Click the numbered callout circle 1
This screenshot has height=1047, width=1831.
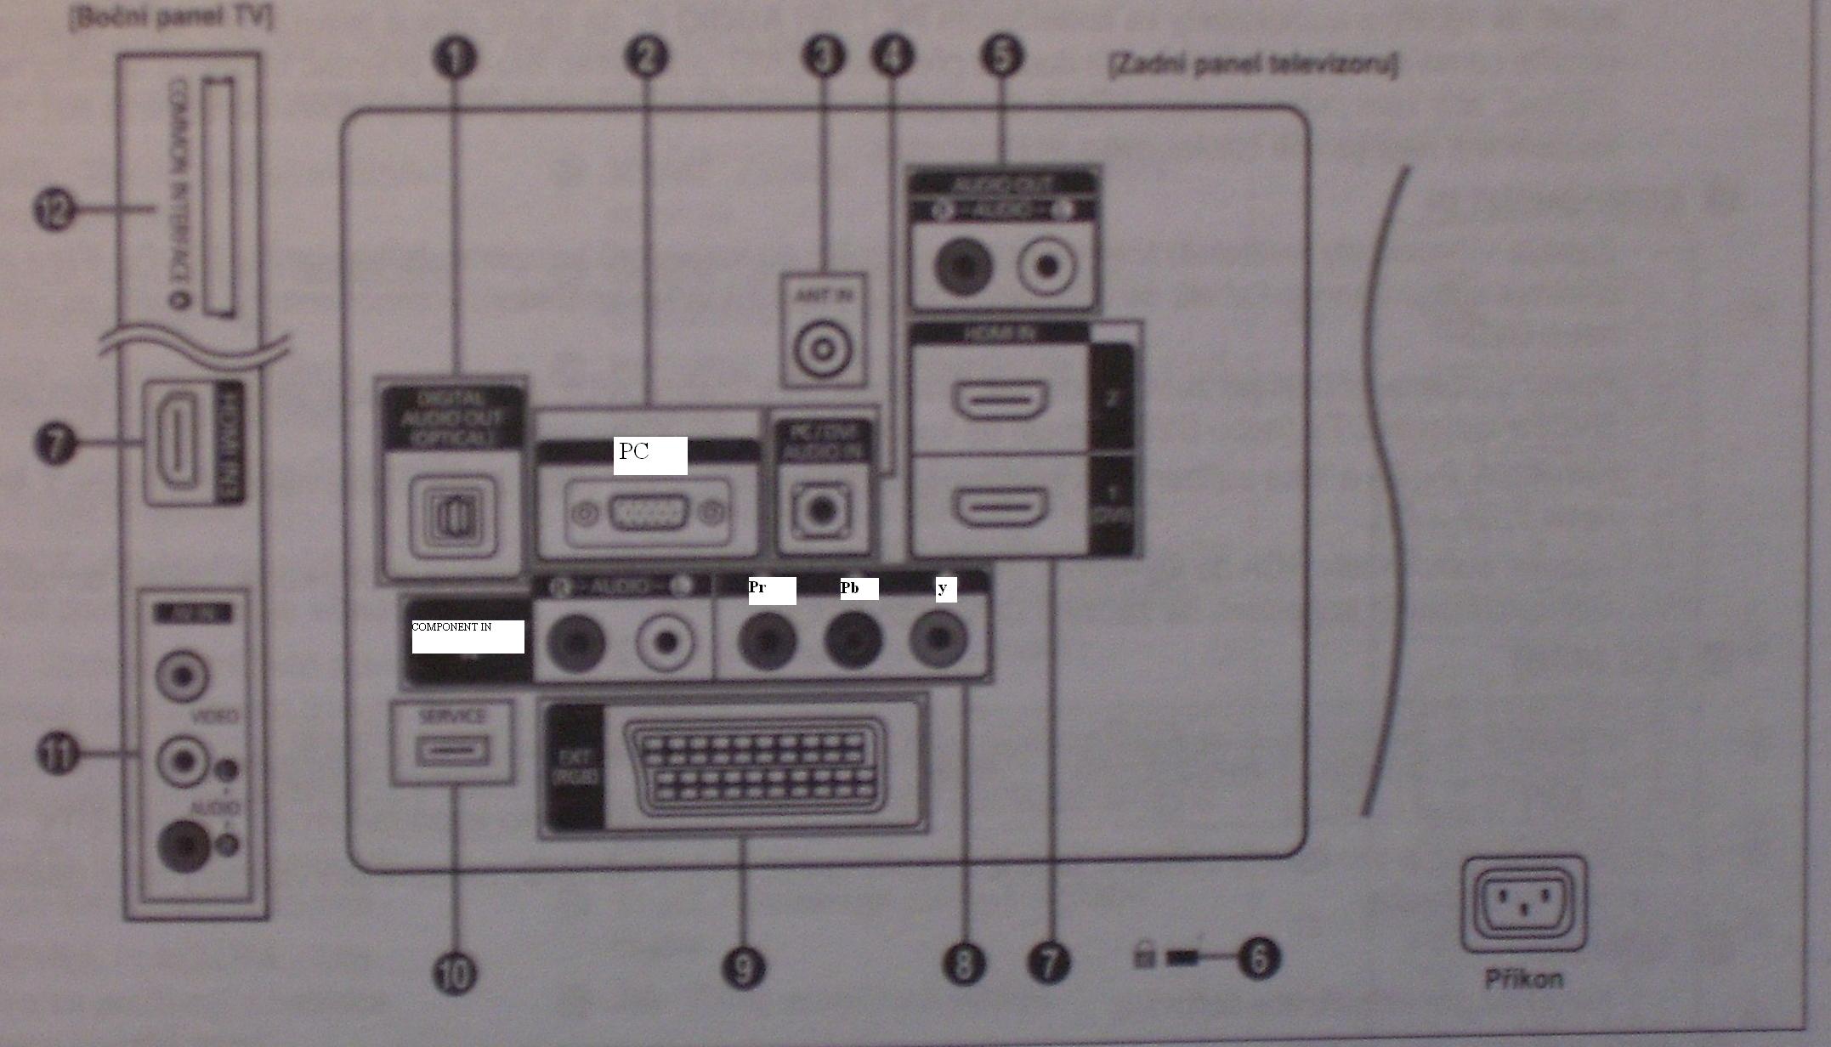point(456,58)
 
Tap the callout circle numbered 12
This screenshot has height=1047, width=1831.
point(55,209)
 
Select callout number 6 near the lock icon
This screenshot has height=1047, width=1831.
point(1258,957)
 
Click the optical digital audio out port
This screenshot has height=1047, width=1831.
point(453,518)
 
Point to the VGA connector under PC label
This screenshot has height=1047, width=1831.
point(648,513)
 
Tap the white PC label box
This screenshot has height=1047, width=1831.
point(649,455)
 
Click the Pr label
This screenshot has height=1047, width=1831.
point(771,590)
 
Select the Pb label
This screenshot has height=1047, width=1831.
point(859,589)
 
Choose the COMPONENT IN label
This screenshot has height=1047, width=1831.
point(467,636)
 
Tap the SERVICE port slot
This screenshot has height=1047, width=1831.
point(452,750)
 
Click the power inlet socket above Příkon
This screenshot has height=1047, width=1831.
point(1524,903)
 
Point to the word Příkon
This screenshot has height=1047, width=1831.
point(1523,980)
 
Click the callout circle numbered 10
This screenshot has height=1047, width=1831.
point(455,974)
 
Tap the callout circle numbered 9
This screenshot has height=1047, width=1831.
point(744,969)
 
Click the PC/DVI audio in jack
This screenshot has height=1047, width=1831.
point(821,510)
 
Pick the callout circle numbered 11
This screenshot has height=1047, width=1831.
point(57,754)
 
